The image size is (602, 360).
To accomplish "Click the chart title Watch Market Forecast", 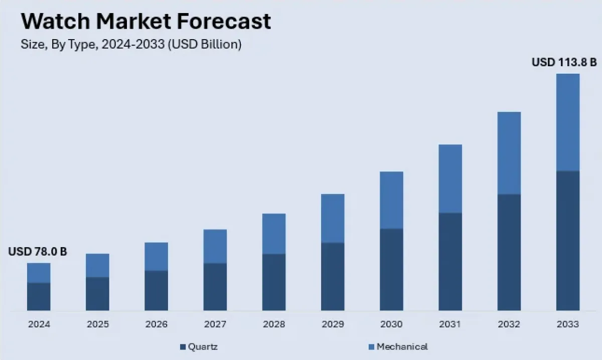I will (x=145, y=22).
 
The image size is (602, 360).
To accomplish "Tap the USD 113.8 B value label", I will (x=564, y=63).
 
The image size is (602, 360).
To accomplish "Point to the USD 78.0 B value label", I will (x=38, y=252).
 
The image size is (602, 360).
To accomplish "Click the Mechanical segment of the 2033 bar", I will (x=568, y=122).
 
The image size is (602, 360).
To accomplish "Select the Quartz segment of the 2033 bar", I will (x=568, y=241).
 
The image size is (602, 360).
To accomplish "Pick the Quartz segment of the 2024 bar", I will (x=39, y=296).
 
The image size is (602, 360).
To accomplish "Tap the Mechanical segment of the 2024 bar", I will (x=39, y=273).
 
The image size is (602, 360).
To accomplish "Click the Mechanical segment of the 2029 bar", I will (x=333, y=218).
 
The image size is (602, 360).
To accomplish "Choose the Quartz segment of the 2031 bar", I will (x=450, y=261).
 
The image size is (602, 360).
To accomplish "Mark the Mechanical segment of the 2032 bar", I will (x=509, y=153).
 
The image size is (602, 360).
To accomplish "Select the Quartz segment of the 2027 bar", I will (x=215, y=286).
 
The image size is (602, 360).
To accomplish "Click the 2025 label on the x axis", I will (x=98, y=324).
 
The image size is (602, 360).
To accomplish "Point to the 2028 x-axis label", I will (x=274, y=324).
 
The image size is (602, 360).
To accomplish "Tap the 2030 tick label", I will (x=391, y=324).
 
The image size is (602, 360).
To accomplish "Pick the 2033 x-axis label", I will (x=568, y=324).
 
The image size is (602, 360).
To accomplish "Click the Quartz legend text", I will (x=203, y=346).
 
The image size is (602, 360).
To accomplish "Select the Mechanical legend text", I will (x=402, y=346).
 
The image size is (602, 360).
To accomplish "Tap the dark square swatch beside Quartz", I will (x=183, y=347).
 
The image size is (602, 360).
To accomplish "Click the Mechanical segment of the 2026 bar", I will (x=157, y=256).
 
